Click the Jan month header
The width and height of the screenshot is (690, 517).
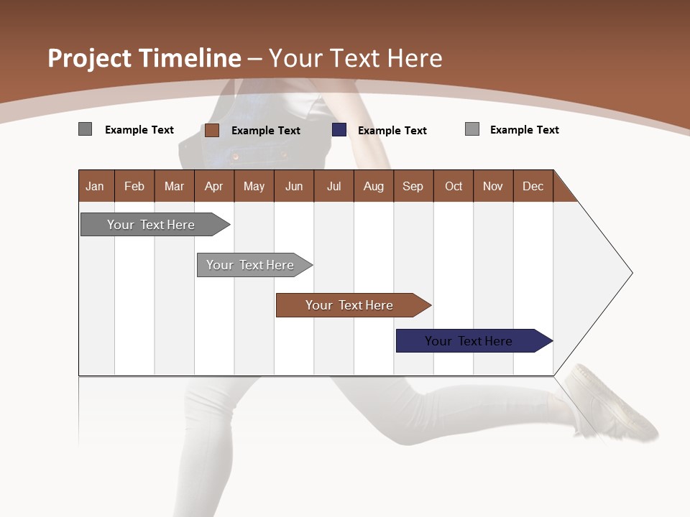pos(95,186)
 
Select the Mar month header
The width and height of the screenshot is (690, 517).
pos(174,186)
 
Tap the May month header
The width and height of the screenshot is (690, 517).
pos(254,186)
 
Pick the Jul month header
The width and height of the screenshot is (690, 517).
pos(333,186)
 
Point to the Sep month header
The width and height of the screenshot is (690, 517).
pos(413,186)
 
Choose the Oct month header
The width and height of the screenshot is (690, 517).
pos(454,186)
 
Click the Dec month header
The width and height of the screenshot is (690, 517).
pos(533,186)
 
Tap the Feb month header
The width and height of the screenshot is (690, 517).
pos(134,186)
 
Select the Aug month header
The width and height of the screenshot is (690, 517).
pos(373,186)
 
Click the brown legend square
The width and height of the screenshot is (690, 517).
pos(212,130)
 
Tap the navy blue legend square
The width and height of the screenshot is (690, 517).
pos(339,130)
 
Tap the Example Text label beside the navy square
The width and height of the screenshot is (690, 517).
pos(392,131)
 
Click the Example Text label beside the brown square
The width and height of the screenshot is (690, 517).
pos(265,131)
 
